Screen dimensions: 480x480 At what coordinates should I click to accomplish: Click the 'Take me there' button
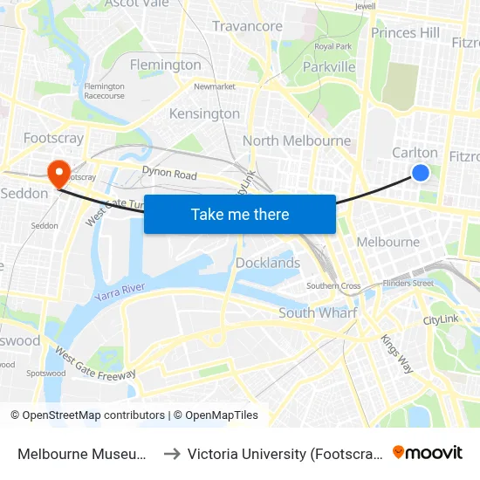point(240,214)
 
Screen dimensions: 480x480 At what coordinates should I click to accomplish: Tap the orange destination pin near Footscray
point(59,172)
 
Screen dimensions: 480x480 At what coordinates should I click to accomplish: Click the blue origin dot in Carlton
point(420,173)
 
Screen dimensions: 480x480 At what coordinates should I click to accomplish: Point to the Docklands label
point(268,263)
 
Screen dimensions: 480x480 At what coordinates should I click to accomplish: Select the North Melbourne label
point(297,141)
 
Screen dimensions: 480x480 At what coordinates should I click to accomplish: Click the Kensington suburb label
point(204,113)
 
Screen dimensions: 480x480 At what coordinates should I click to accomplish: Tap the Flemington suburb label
point(165,65)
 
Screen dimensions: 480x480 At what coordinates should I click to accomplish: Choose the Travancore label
point(247,26)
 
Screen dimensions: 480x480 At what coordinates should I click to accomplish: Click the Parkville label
point(329,66)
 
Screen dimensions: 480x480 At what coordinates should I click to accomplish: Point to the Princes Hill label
point(405,32)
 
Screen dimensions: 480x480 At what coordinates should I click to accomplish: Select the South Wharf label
point(319,312)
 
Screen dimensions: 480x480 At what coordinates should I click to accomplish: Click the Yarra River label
point(120,293)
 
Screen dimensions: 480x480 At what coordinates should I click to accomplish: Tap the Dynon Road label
point(169,175)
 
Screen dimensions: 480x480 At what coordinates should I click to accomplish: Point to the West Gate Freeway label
point(95,364)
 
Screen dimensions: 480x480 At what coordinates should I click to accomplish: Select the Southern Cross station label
point(333,286)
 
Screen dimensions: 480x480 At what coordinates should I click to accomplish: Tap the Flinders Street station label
point(409,283)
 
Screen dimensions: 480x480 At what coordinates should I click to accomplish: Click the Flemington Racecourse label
point(104,92)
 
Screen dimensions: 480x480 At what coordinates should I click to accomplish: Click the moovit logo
point(427,452)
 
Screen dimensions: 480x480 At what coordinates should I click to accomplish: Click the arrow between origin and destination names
point(171,453)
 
